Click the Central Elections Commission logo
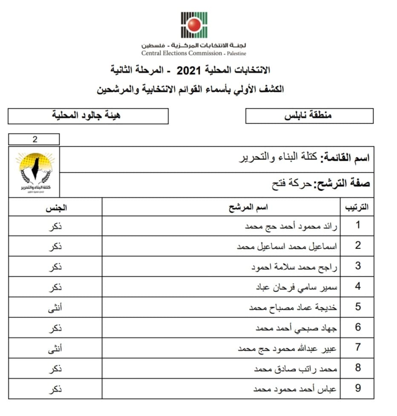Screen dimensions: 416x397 (x=194, y=25)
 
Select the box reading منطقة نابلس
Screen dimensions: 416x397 (x=309, y=116)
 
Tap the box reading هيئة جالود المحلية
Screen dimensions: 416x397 (x=88, y=116)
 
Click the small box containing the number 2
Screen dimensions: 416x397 (x=34, y=139)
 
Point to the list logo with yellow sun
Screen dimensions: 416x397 (x=35, y=172)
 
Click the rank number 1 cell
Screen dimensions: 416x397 (x=358, y=225)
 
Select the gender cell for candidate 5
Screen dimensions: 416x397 (x=56, y=307)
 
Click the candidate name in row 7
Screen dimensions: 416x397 (x=287, y=349)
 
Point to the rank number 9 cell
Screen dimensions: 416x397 (x=358, y=388)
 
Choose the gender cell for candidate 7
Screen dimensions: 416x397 (x=56, y=348)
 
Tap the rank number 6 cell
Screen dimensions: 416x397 (x=358, y=327)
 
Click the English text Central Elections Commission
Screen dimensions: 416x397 (x=182, y=53)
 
